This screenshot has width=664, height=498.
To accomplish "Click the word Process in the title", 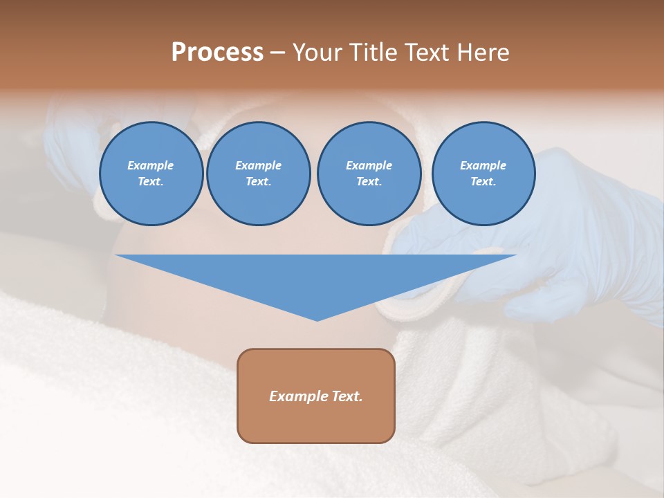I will pyautogui.click(x=217, y=53).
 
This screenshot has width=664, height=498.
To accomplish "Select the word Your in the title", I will pyautogui.click(x=317, y=53).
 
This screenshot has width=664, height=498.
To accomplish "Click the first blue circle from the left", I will pyautogui.click(x=151, y=174).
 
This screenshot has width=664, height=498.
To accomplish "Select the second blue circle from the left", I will pyautogui.click(x=259, y=174).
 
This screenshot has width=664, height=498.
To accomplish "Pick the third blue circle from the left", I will pyautogui.click(x=369, y=174).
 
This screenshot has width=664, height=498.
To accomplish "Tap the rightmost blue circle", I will pyautogui.click(x=483, y=174).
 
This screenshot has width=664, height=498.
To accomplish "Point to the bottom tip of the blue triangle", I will pyautogui.click(x=317, y=320).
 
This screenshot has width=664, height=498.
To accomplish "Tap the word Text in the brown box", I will pyautogui.click(x=347, y=396).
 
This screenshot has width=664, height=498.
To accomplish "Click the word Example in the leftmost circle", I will pyautogui.click(x=151, y=165).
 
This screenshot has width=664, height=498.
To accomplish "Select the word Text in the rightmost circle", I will pyautogui.click(x=483, y=182).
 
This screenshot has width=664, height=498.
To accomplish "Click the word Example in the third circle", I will pyautogui.click(x=369, y=165).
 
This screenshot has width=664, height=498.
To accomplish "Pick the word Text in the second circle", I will pyautogui.click(x=258, y=182).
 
